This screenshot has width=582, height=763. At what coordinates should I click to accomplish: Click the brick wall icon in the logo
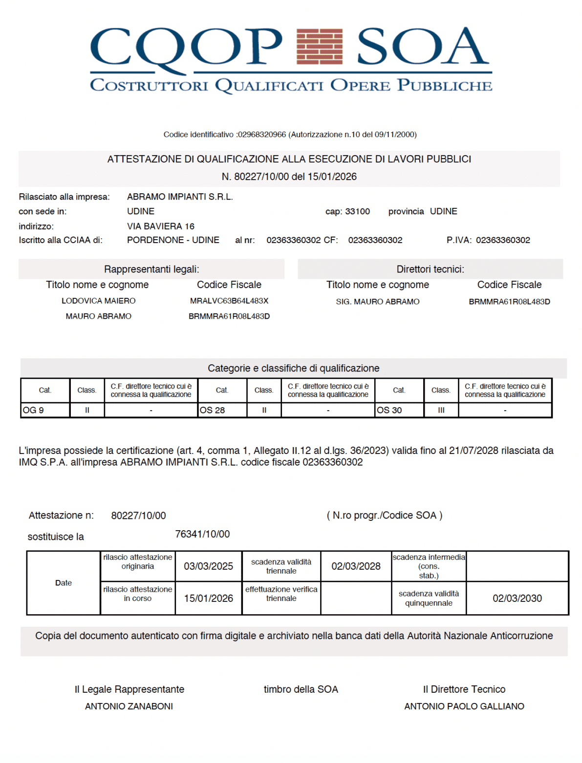coord(320,46)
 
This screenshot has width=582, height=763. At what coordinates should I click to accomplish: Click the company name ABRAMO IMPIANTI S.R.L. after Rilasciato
coord(180,197)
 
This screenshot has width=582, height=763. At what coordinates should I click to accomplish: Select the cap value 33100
coord(357,211)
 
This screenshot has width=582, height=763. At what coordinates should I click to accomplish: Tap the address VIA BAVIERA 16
coord(161,226)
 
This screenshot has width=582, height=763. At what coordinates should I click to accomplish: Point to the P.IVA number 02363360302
coord(503,240)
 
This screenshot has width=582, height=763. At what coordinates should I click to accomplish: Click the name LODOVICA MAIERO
coord(99,301)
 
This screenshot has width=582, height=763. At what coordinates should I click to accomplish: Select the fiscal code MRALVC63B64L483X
coord(229,301)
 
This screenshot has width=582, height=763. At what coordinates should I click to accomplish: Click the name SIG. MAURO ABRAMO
coord(377,302)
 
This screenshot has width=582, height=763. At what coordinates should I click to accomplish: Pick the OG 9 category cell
coord(45,410)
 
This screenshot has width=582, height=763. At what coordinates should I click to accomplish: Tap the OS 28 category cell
coord(222,410)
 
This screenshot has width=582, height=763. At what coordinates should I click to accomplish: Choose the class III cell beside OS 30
coord(441,410)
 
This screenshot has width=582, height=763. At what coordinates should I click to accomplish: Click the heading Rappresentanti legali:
coord(151,269)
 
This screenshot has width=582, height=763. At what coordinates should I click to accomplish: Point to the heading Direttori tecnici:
coord(430,269)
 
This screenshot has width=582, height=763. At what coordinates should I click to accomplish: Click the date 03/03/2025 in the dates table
coord(208,566)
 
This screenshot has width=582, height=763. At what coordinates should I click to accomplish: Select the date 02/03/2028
coord(356,566)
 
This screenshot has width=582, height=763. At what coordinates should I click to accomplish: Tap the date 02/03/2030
coord(517,598)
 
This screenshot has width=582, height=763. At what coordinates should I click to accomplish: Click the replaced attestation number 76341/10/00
coord(202,534)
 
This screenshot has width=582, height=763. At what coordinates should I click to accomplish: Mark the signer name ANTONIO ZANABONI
coord(129,706)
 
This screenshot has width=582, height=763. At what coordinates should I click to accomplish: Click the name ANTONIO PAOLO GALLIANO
coord(464,706)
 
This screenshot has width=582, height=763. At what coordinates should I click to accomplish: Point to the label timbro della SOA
coord(301,689)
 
